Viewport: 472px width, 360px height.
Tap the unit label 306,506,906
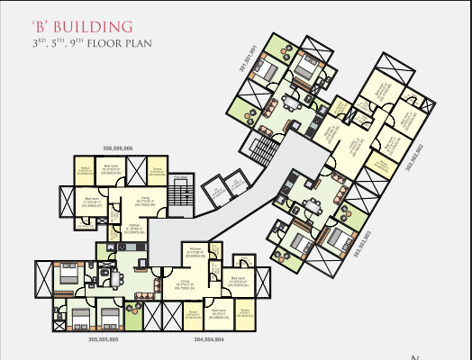[118, 148]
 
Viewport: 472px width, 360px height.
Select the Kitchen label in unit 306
[134, 229]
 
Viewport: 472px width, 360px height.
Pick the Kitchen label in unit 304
[196, 250]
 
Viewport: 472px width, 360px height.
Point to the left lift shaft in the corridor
[214, 191]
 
